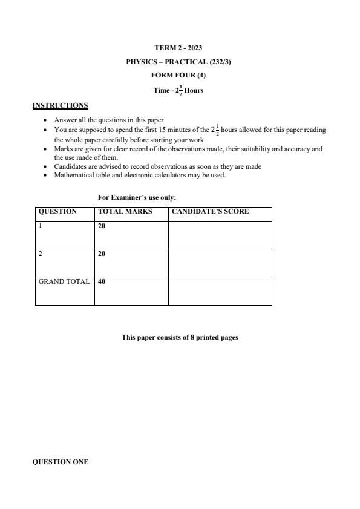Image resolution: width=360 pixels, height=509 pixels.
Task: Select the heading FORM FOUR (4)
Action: (x=179, y=76)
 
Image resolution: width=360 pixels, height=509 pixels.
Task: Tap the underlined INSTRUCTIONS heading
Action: (x=60, y=106)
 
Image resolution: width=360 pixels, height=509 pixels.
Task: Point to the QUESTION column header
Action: (x=57, y=212)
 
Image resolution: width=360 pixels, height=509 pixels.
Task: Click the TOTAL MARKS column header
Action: (x=125, y=212)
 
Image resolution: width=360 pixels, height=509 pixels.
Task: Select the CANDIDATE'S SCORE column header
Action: (x=210, y=212)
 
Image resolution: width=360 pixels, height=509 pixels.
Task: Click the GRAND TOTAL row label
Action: (x=64, y=281)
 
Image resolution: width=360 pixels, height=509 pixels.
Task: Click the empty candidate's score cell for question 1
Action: (x=220, y=235)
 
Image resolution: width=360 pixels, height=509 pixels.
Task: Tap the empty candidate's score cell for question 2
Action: (x=220, y=263)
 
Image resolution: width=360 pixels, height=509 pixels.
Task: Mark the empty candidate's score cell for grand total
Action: (x=220, y=291)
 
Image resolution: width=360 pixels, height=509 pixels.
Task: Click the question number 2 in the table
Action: (x=41, y=254)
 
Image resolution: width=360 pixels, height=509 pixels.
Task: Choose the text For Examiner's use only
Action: (x=137, y=197)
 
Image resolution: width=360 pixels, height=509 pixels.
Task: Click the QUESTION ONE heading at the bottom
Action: (x=60, y=462)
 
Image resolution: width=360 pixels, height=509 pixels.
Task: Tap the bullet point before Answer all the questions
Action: (x=45, y=120)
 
